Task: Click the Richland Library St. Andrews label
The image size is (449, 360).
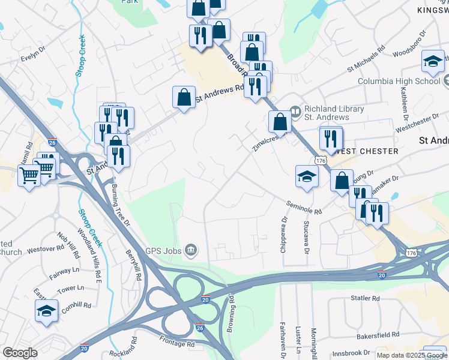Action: tap(334, 113)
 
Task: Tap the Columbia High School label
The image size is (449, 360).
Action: tap(399, 81)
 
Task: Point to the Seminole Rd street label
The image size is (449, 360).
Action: tap(304, 208)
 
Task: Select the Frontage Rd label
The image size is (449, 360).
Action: tap(178, 344)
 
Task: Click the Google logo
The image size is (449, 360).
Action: tap(20, 353)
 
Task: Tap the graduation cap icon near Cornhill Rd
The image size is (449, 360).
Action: tap(45, 311)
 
